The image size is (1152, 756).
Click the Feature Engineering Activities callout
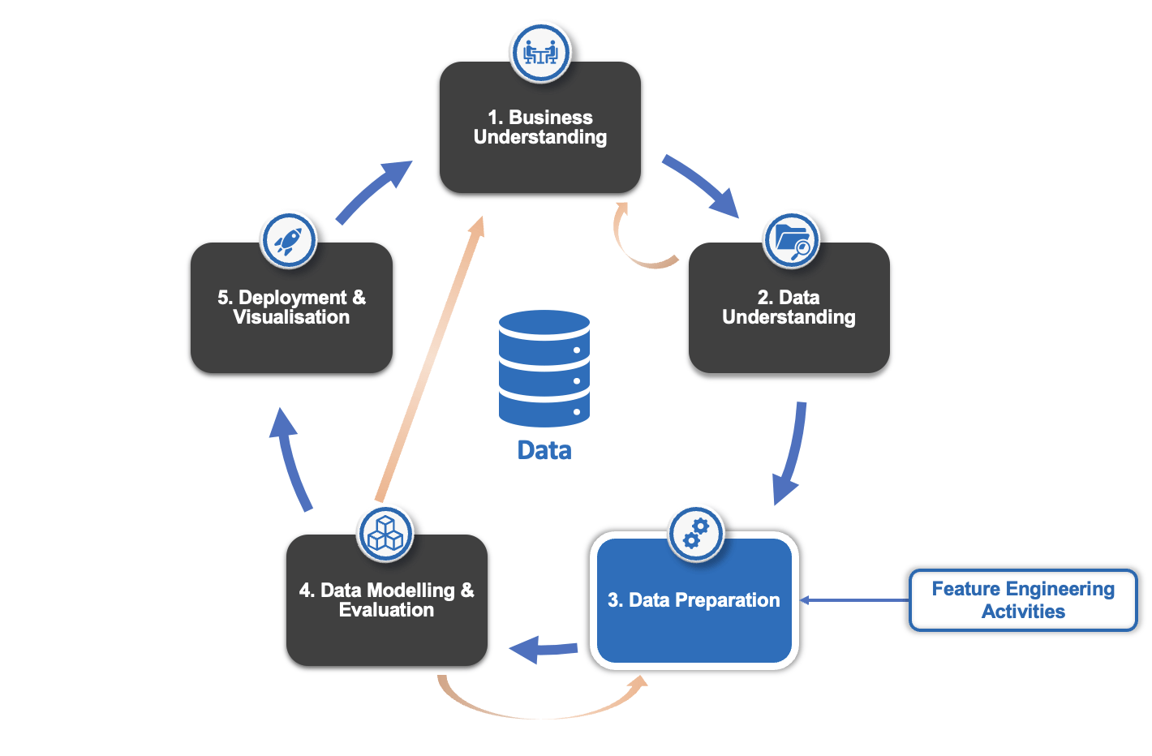1022,600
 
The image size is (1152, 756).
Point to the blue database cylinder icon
544,368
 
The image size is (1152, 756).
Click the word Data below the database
544,451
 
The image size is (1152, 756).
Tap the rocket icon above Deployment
288,240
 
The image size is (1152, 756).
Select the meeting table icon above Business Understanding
540,53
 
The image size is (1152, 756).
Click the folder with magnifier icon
792,240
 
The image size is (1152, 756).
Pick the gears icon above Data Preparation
696,534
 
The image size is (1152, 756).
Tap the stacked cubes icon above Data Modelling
385,534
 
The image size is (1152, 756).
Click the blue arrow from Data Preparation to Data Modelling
544,649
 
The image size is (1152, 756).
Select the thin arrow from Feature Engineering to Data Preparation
856,600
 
